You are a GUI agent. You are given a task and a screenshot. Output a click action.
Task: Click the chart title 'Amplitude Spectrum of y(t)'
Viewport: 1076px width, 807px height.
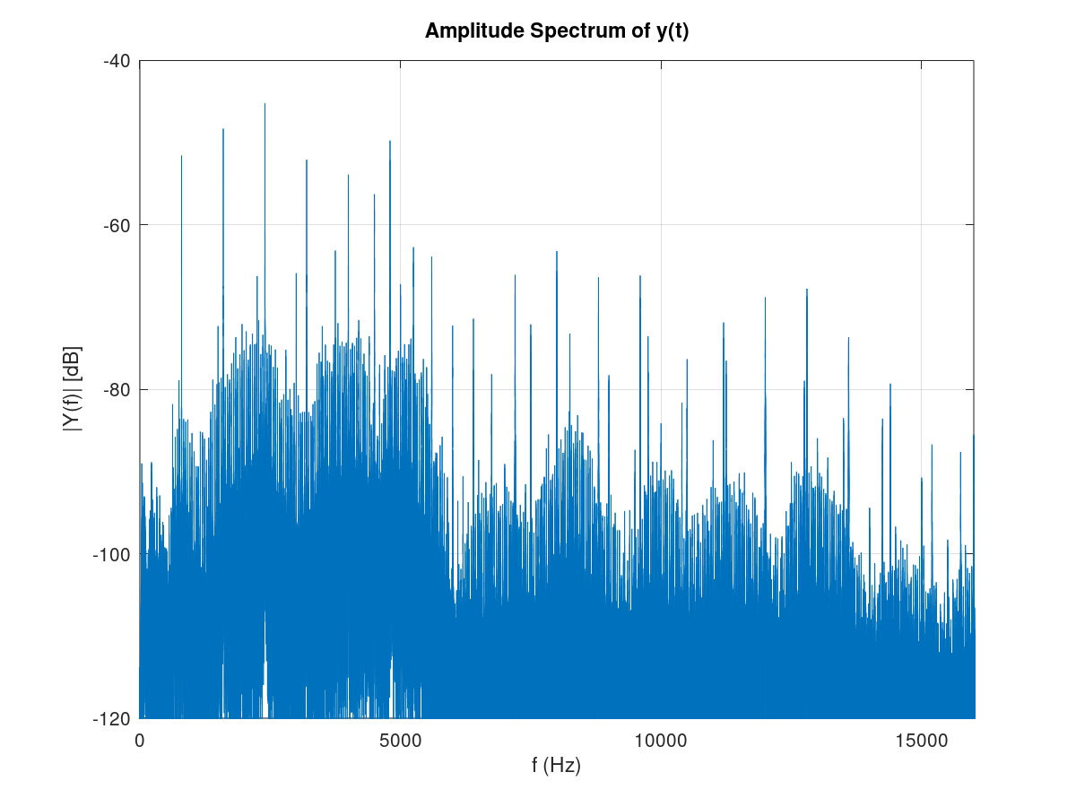point(556,31)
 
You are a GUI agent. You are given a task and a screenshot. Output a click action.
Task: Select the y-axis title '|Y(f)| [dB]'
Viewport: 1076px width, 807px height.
point(72,389)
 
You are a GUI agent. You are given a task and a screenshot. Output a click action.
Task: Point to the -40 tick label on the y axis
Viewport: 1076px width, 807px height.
point(117,61)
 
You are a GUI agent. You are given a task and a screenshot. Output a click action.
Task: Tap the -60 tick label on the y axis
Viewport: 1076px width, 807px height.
point(117,225)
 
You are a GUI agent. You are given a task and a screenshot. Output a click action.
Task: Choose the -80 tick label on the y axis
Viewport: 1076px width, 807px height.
point(117,390)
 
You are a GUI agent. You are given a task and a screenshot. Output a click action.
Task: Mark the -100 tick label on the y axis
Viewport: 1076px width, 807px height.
point(114,554)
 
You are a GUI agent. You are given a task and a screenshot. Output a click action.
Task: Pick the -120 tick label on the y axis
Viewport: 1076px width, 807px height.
point(114,719)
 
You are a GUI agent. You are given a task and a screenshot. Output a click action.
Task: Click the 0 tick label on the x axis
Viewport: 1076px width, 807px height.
point(140,740)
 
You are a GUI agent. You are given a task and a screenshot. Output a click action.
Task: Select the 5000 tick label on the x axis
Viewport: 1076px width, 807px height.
point(400,740)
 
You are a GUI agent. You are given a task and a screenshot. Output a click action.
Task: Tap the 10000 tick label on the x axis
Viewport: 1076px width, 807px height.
point(661,740)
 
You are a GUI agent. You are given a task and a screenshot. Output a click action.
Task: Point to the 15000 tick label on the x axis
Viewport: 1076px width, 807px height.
point(921,740)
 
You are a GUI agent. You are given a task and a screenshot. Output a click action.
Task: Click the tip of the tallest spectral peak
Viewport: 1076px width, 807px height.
point(265,104)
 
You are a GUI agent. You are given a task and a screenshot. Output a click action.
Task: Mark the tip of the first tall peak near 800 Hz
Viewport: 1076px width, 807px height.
point(181,156)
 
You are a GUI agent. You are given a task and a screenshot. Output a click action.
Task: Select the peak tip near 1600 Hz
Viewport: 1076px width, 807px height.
point(223,129)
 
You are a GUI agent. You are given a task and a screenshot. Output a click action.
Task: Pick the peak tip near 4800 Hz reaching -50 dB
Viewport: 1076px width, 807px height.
point(390,141)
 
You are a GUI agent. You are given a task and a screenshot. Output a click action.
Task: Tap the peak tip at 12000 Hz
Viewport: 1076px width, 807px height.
point(765,298)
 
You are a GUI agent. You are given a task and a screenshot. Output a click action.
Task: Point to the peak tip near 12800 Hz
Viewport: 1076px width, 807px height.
point(807,289)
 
